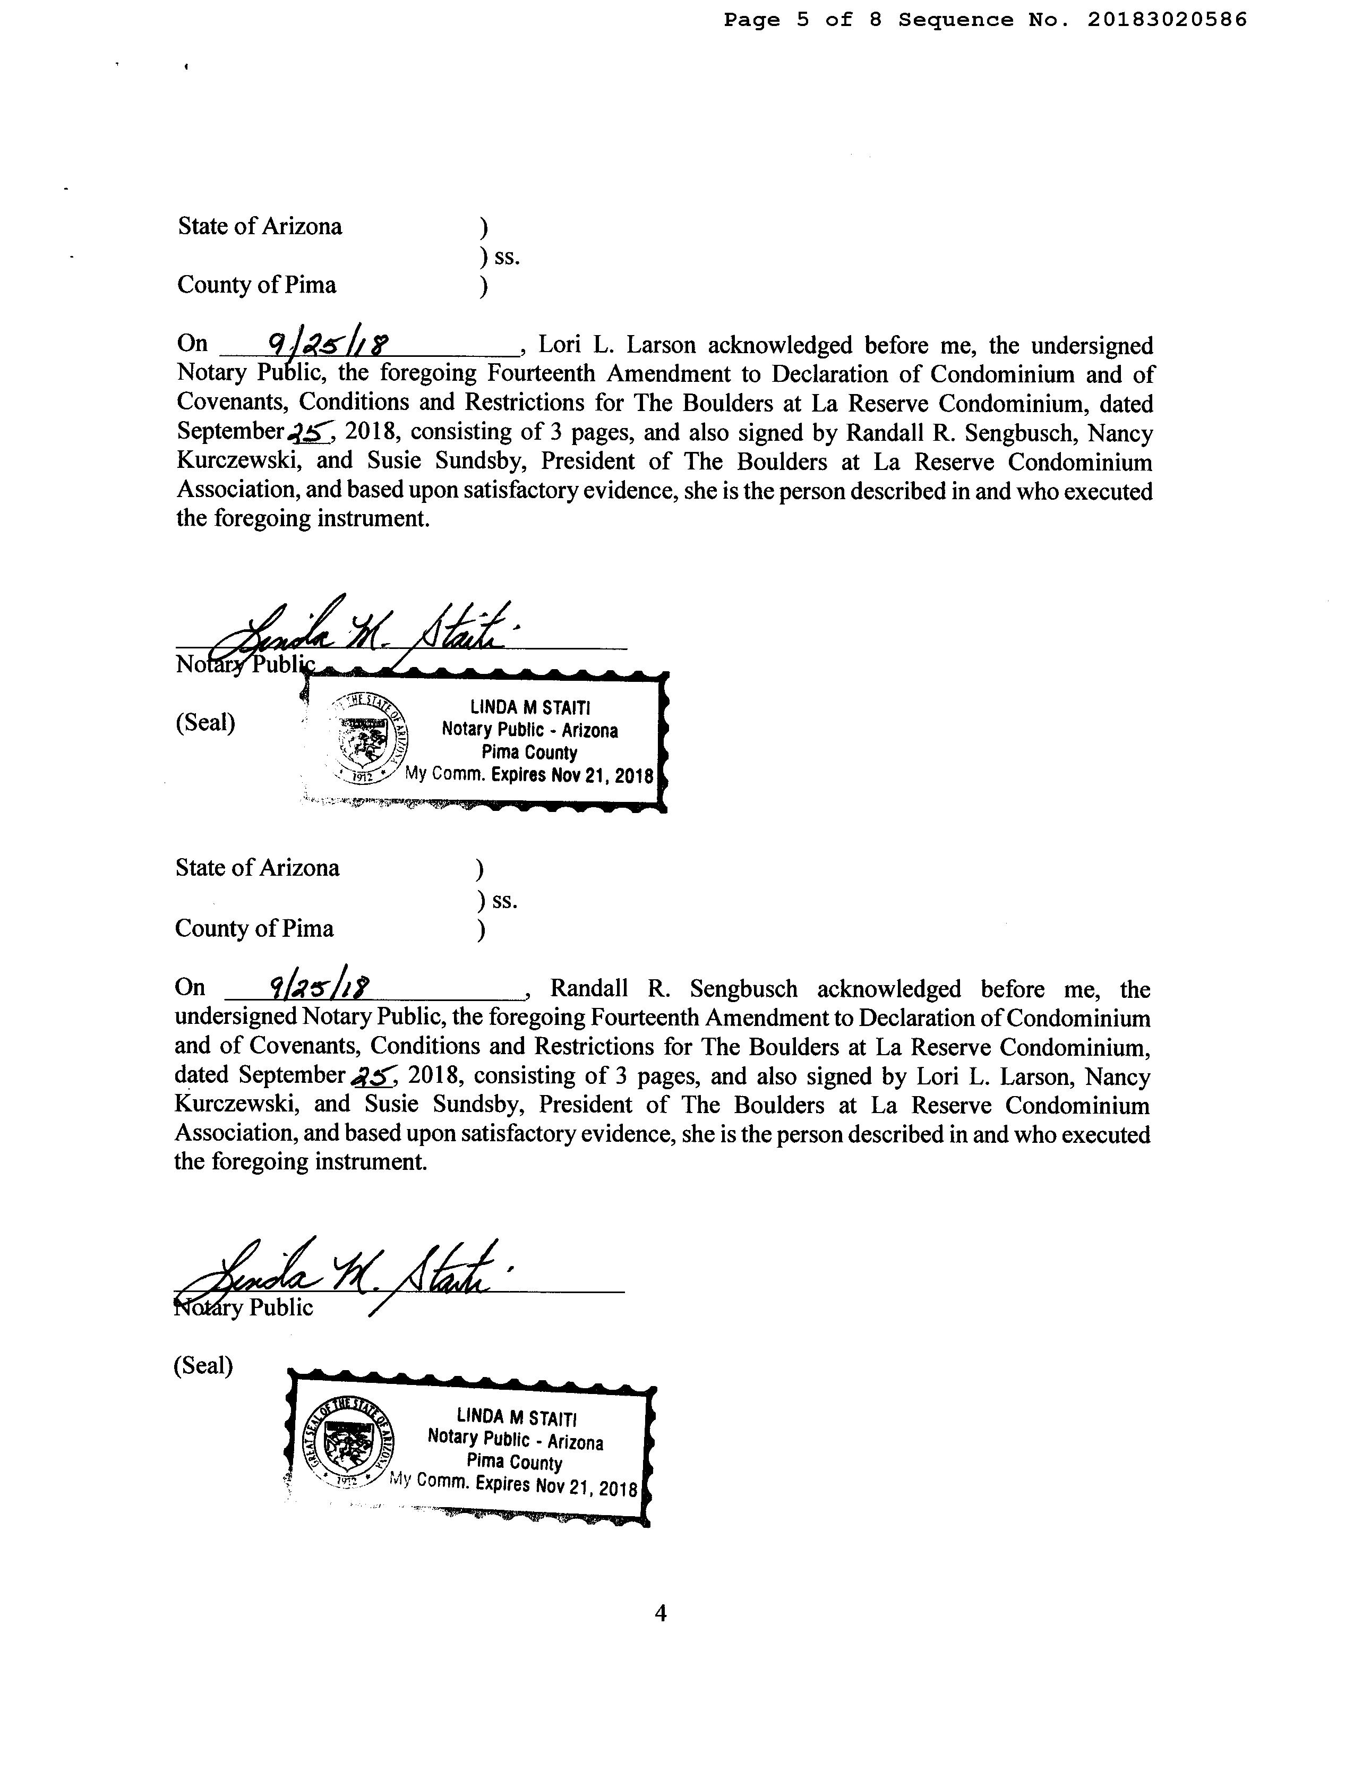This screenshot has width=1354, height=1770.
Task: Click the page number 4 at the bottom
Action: pyautogui.click(x=661, y=1613)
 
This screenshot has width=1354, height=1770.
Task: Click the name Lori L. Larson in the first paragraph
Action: pyautogui.click(x=616, y=346)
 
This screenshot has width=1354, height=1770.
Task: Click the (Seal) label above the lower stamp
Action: pyautogui.click(x=203, y=1365)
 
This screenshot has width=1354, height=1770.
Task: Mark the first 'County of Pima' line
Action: pyautogui.click(x=256, y=285)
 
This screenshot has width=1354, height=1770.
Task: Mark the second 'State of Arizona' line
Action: pyautogui.click(x=257, y=868)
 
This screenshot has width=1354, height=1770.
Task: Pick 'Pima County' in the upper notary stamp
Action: pyautogui.click(x=529, y=753)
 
